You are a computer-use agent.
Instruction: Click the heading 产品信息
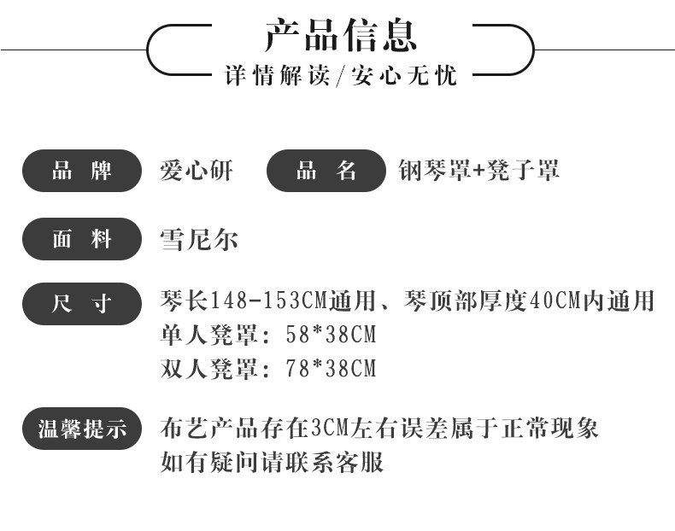point(340,35)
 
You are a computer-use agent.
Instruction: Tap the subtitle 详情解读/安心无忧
point(340,75)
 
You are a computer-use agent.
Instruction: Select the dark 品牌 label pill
point(81,171)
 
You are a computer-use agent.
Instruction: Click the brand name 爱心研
point(196,171)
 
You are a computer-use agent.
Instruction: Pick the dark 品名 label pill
point(326,171)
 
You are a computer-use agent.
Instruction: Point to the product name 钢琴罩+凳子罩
point(478,171)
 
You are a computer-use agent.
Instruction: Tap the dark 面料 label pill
point(81,239)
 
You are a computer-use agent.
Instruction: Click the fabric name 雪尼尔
point(199,239)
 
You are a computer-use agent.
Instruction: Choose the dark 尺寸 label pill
point(81,303)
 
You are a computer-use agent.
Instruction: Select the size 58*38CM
point(330,335)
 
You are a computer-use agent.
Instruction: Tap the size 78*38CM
point(330,369)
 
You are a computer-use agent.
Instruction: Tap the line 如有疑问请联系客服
point(272,463)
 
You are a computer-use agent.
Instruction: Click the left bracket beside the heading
point(162,50)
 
